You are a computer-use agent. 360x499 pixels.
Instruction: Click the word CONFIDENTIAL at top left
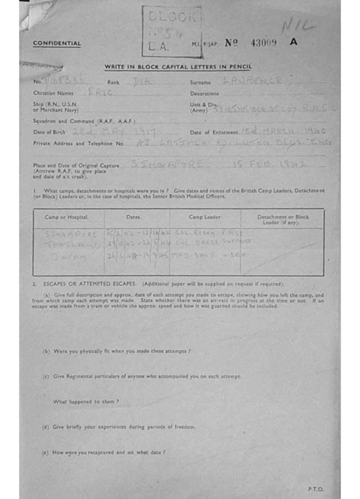point(57,43)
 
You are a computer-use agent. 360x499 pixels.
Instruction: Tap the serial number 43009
point(264,42)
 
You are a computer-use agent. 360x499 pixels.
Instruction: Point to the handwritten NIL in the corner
point(298,25)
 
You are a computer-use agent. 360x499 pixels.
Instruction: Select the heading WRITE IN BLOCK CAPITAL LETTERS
point(178,67)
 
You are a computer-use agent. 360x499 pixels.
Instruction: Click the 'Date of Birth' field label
point(49,132)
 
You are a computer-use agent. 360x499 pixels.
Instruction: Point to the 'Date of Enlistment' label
point(214,132)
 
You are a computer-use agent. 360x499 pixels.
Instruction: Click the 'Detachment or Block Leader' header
point(283,219)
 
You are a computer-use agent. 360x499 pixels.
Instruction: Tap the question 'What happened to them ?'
point(86,402)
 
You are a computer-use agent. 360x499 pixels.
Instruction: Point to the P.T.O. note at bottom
point(316,489)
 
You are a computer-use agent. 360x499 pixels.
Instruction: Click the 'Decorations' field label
point(205,93)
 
